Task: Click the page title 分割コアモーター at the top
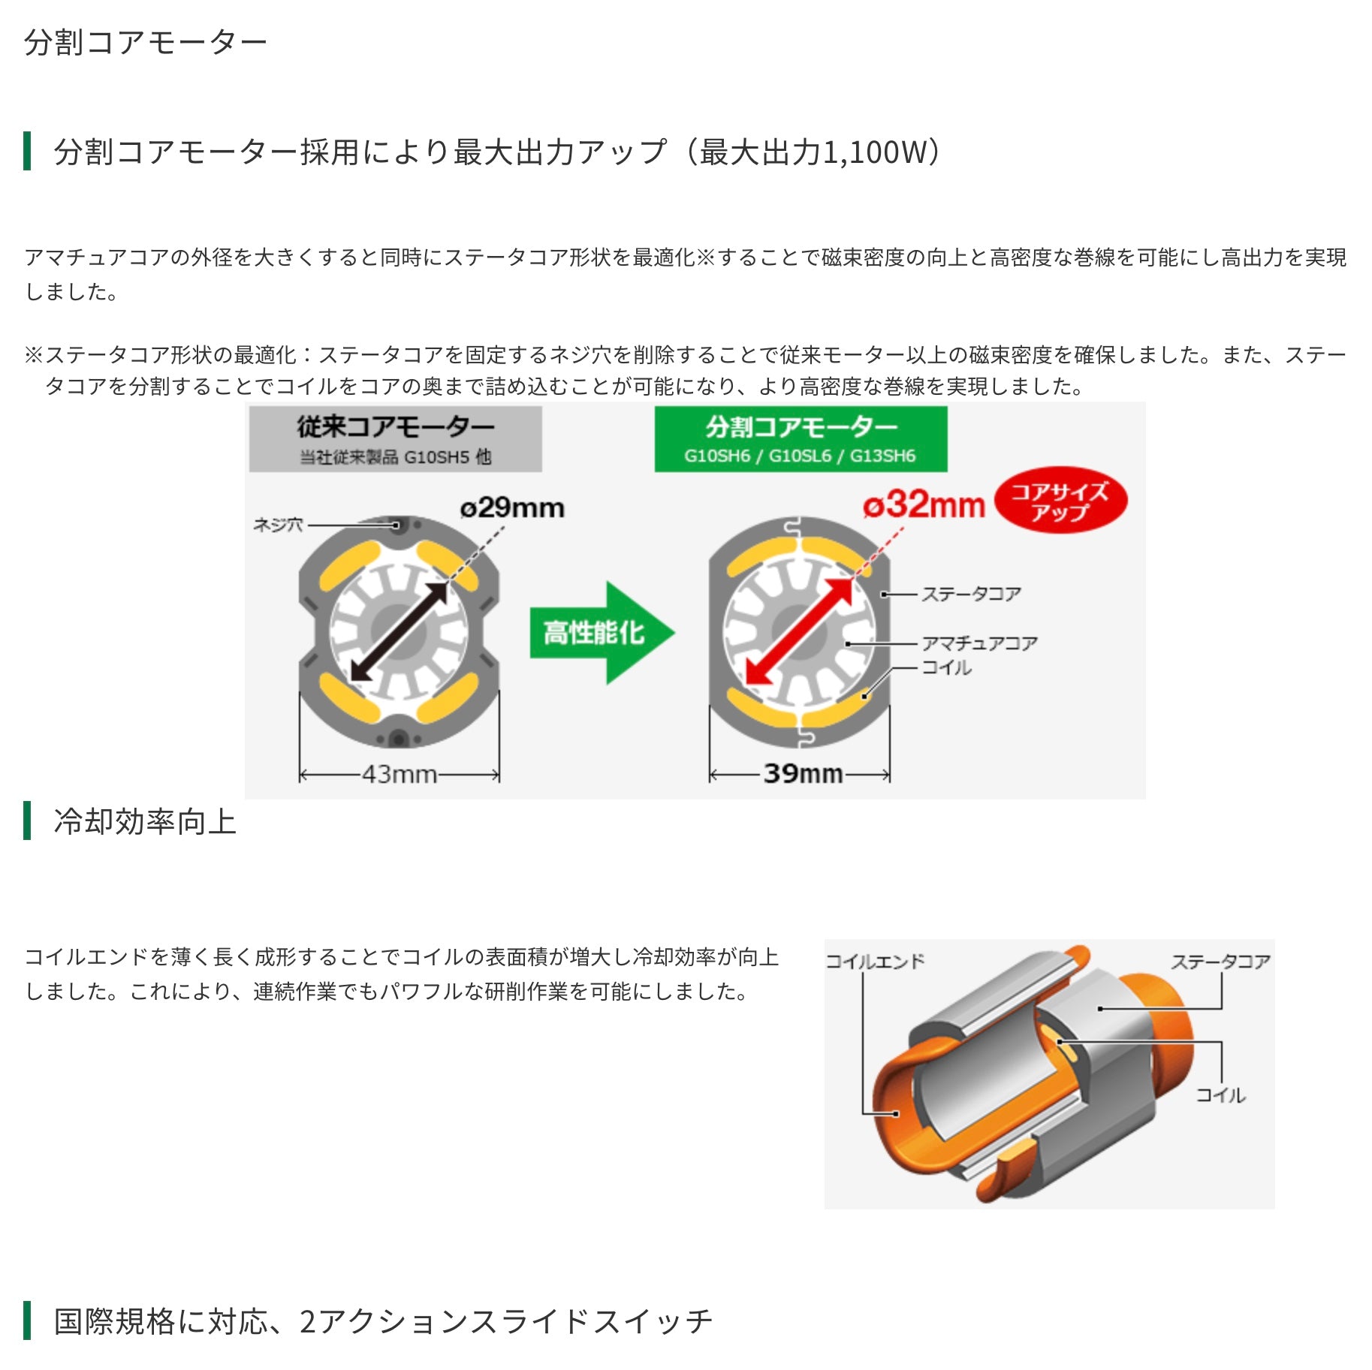tap(145, 43)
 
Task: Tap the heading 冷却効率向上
tap(145, 821)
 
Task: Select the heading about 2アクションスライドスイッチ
tap(382, 1321)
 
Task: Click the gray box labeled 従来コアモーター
tap(395, 439)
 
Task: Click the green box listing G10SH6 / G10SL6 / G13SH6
tap(801, 439)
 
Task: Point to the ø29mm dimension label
tap(512, 508)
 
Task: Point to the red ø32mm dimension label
tap(924, 505)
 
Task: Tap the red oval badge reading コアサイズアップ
tap(1060, 501)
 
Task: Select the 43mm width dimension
tap(399, 774)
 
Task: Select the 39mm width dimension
tap(802, 774)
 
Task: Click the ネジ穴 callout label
tap(278, 525)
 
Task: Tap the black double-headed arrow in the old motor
tap(400, 632)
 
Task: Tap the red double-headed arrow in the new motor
tap(800, 631)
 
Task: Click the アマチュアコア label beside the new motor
tap(979, 643)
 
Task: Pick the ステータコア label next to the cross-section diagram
tap(971, 594)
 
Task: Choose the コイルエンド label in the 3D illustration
tap(875, 961)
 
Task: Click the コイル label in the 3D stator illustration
tap(1220, 1095)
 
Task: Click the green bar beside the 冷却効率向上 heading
tap(28, 820)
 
